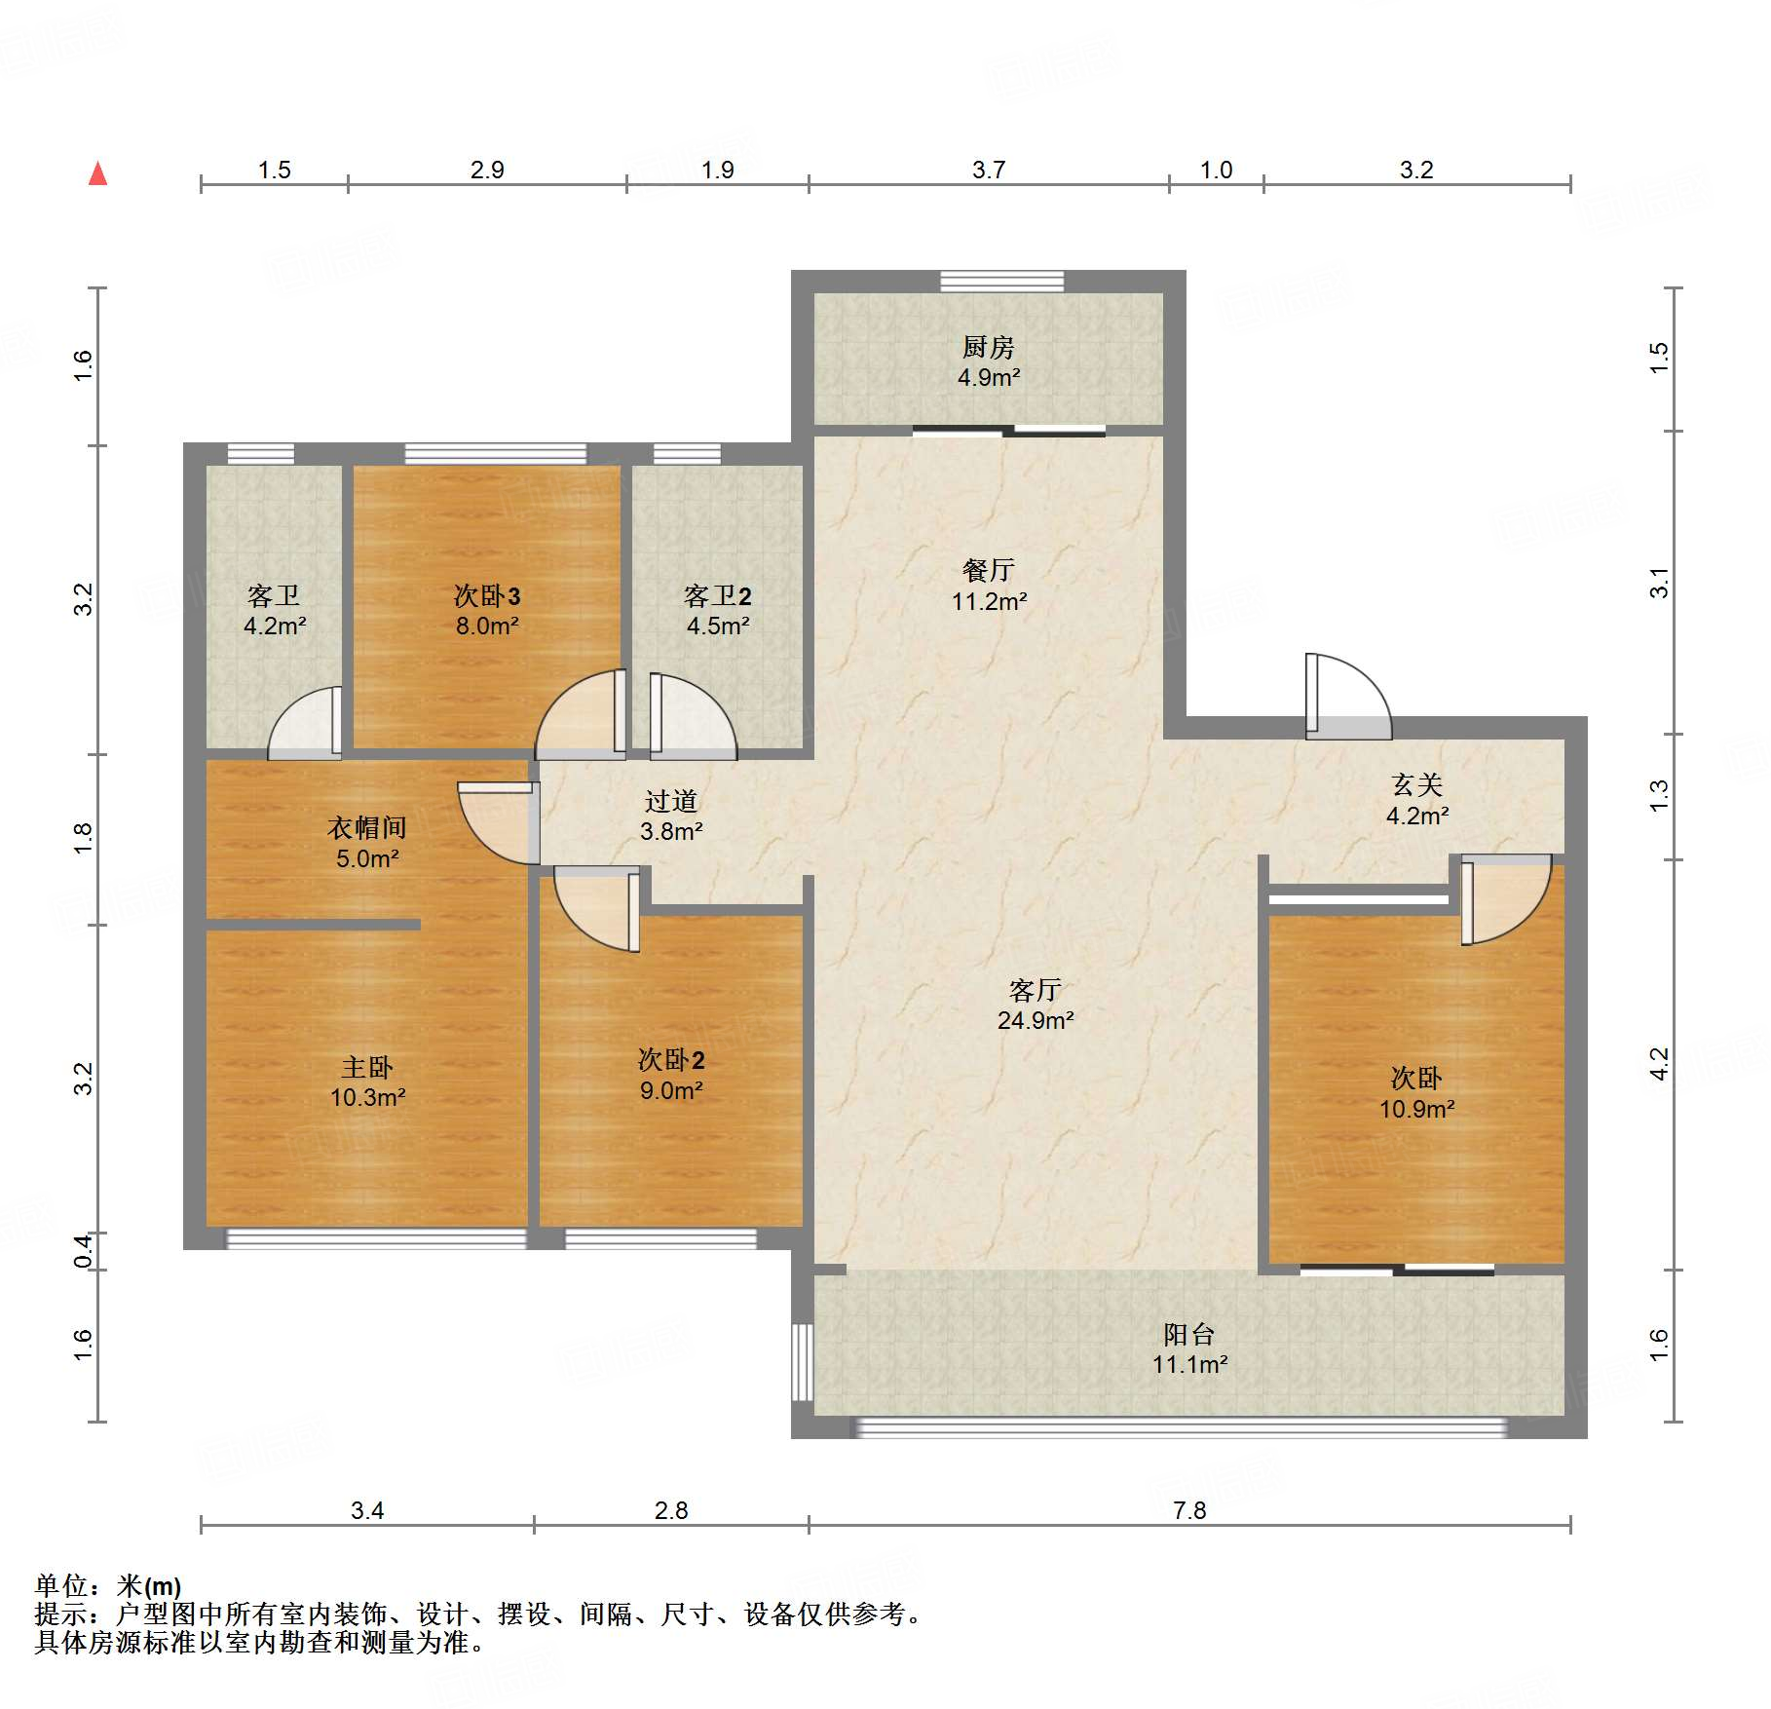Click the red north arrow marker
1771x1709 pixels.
(x=97, y=173)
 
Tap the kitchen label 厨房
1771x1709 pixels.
(x=988, y=347)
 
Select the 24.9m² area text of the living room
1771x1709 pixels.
(x=1035, y=1020)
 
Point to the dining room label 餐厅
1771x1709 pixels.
(x=988, y=570)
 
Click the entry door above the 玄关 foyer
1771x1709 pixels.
(x=1348, y=696)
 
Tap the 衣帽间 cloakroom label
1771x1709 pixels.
(x=367, y=828)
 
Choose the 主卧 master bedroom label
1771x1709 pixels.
(x=367, y=1067)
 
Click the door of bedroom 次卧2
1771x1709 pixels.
(x=597, y=908)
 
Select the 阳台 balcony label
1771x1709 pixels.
(x=1188, y=1334)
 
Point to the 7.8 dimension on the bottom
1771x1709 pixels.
(x=1189, y=1510)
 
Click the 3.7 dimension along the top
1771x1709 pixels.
(x=988, y=170)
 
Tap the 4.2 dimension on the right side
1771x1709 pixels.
(x=1659, y=1064)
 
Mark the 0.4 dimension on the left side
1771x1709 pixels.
(x=84, y=1252)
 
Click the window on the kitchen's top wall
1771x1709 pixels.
(x=1001, y=282)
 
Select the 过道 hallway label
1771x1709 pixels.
(x=671, y=801)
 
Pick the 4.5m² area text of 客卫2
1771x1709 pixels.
(x=718, y=626)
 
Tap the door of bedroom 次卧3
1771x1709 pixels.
(x=581, y=714)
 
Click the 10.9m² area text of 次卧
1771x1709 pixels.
(x=1416, y=1109)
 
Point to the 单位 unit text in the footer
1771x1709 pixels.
(x=60, y=1586)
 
